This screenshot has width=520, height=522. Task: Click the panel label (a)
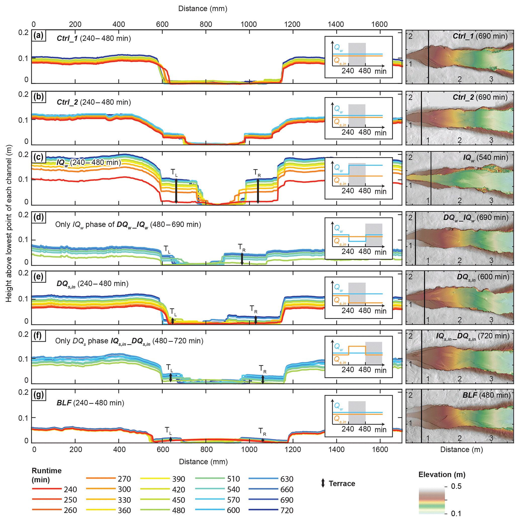(39, 36)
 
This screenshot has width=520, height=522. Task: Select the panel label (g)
(39, 395)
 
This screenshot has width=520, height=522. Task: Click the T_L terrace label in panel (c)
(174, 173)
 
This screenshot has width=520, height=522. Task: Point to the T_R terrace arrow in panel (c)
(258, 191)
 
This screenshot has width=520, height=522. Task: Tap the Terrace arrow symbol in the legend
(323, 483)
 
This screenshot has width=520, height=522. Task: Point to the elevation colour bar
(432, 500)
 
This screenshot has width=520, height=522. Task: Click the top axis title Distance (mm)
(203, 9)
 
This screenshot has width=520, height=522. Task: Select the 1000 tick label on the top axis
(249, 24)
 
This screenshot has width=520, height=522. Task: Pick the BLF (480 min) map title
(487, 395)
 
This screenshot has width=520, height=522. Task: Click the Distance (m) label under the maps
(461, 450)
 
